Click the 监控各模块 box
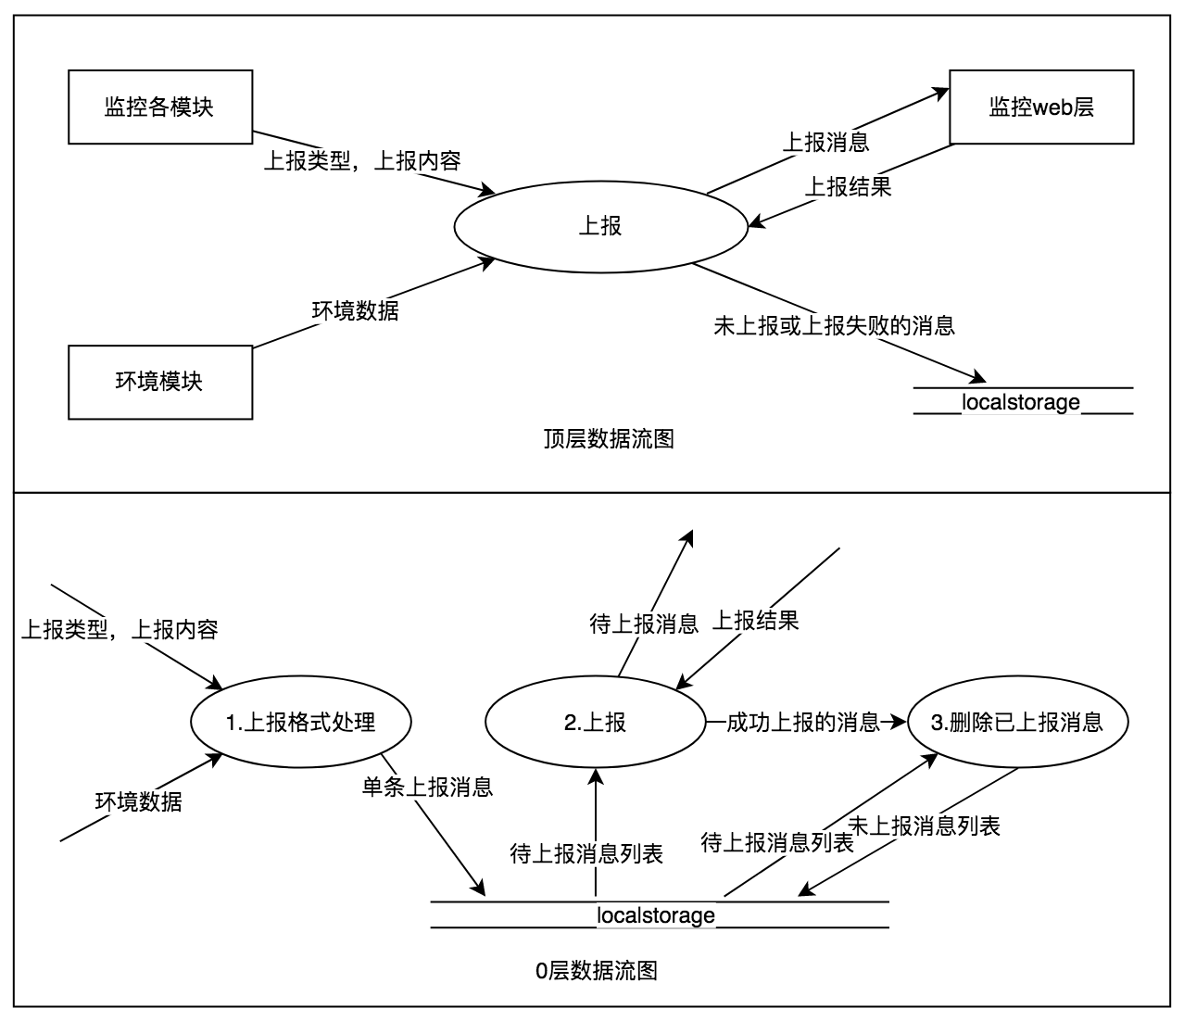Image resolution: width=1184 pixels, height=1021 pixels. point(159,107)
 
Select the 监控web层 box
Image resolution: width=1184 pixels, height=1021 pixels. point(1041,107)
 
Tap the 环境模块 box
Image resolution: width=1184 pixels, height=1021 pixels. point(159,382)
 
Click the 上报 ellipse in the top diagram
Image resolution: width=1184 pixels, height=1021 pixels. point(599,225)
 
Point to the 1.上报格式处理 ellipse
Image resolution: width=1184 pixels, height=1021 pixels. point(300,723)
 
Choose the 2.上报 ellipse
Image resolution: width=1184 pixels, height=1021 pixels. point(595,723)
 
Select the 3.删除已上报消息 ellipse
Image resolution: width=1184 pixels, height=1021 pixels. point(1016,723)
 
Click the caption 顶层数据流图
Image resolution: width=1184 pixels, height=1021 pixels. point(609,438)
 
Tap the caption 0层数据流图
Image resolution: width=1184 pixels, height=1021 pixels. point(597,970)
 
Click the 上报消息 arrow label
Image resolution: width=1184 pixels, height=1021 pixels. point(825,142)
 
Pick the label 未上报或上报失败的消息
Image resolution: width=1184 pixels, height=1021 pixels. point(834,325)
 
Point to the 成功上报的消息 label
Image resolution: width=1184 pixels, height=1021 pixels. point(802,723)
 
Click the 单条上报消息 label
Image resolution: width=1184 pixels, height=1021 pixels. point(427,788)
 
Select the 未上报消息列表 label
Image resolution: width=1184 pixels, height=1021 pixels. point(926,826)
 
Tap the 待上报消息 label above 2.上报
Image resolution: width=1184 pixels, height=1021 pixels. point(644,624)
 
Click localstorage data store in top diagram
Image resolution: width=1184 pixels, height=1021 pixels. point(1022,401)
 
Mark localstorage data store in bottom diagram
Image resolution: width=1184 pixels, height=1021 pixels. point(656,915)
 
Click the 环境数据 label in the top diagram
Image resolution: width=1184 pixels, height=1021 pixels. point(355,310)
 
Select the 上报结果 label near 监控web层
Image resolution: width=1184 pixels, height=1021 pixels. point(847,186)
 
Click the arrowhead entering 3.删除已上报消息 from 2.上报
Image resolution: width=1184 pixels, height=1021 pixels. point(897,722)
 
